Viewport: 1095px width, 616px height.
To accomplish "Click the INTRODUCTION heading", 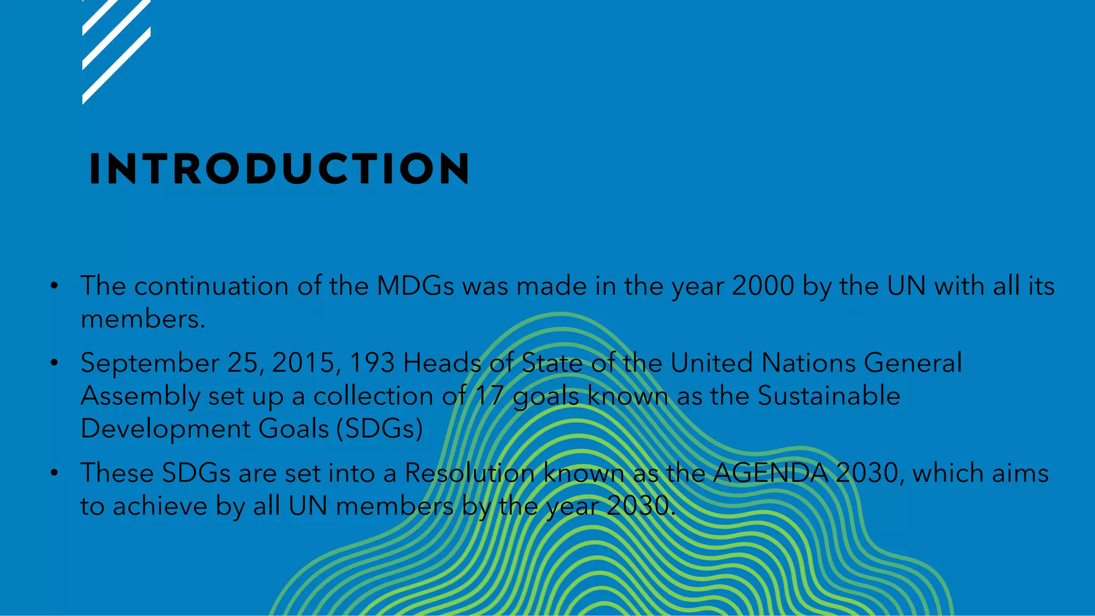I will pos(279,169).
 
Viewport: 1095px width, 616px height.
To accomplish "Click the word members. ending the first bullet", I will pos(143,319).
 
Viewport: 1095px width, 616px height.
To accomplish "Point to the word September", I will pos(150,364).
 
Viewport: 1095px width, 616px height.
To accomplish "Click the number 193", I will pos(372,363).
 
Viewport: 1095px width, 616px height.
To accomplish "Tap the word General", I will pos(913,363).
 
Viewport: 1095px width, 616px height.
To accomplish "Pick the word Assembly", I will pos(140,397).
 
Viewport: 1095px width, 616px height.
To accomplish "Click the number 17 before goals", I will pos(490,396).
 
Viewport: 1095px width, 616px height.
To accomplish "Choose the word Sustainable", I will pos(829,396).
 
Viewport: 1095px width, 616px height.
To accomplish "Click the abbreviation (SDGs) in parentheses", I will pos(380,429).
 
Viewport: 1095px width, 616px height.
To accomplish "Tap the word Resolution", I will pos(469,473).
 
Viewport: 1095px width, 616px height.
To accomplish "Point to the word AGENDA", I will pos(770,473).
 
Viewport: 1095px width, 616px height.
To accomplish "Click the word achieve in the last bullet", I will pos(160,506).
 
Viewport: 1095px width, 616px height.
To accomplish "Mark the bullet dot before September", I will pos(54,363).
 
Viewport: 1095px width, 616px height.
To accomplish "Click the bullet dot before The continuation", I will pos(54,286).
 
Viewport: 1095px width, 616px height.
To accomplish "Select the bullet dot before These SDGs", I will pos(54,473).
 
